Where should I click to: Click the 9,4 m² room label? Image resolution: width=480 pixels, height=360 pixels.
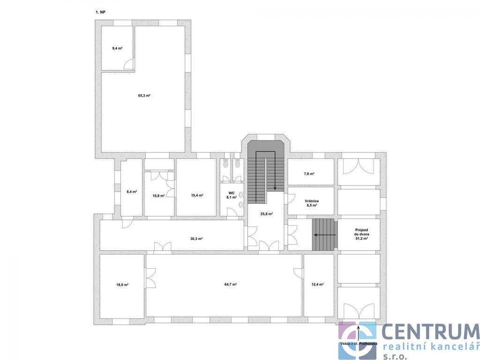coord(117,48)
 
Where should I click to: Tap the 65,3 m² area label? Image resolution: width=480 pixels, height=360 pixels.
coord(144,96)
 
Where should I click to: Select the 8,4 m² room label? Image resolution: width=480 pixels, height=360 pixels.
coord(132,192)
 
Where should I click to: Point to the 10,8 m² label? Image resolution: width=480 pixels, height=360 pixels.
coord(158,195)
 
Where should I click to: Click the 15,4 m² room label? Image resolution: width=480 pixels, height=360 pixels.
coord(197,195)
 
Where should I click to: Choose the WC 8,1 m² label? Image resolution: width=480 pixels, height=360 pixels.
coord(232,195)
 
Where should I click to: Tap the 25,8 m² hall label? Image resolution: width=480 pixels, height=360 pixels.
coord(266,214)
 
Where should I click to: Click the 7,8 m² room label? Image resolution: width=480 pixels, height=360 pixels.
coord(309,173)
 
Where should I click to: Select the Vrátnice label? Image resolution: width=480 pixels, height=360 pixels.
coord(312,201)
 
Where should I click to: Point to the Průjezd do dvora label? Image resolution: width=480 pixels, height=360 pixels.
coord(361,232)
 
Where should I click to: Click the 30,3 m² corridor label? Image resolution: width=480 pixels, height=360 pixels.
coord(196,239)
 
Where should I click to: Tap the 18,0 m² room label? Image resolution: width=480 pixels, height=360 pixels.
coord(122,285)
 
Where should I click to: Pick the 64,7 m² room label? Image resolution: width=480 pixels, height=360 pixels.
coord(231,285)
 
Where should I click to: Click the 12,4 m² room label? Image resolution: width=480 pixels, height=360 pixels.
coord(317,285)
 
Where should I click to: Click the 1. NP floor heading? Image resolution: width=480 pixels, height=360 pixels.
coord(100,12)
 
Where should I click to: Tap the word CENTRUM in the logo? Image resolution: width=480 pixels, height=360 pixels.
coord(430,332)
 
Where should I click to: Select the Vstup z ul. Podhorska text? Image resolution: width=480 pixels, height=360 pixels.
coord(359,344)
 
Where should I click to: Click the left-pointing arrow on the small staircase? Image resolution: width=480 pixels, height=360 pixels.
coord(325,235)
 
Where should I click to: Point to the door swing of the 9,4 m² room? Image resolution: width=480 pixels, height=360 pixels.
coord(128,64)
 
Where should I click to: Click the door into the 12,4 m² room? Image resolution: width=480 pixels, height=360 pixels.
coord(298,273)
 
